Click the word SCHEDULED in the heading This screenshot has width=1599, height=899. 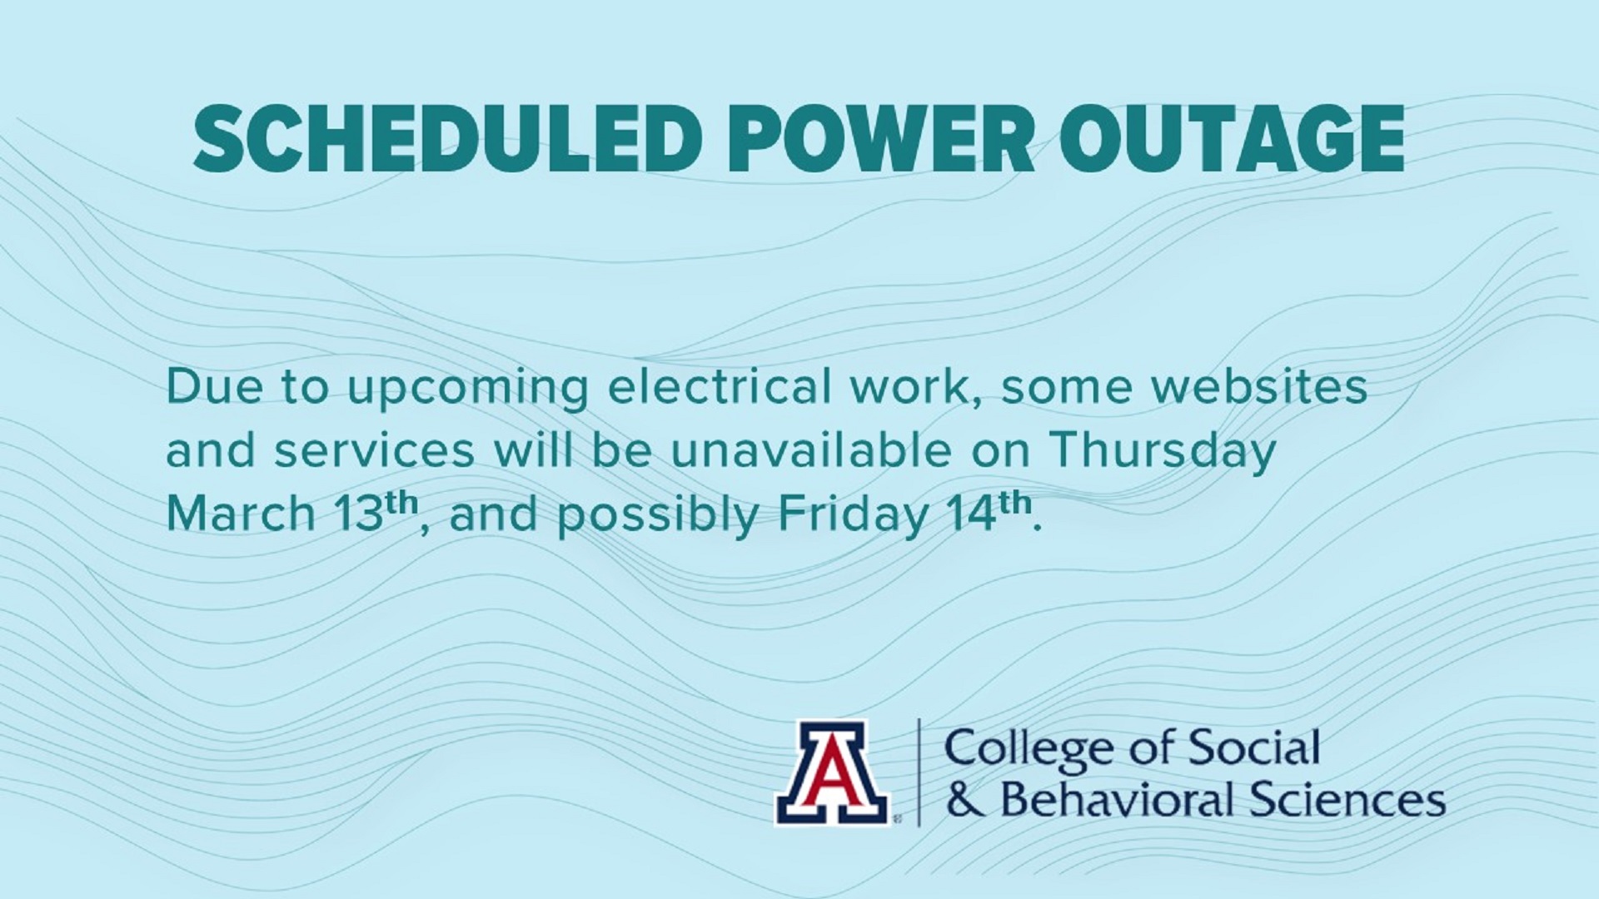point(448,138)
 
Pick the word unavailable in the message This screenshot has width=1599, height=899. point(811,450)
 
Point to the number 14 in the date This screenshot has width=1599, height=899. point(973,514)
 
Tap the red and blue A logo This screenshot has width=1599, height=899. point(832,772)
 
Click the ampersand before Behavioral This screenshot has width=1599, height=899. point(967,800)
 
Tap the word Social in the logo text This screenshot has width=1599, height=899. point(1253,748)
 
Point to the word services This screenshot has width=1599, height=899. point(375,450)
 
